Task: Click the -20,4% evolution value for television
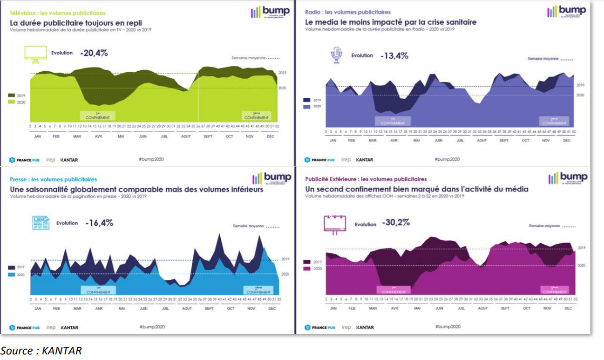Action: tap(94, 53)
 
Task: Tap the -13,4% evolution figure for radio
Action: tap(394, 56)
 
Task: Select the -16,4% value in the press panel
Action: tap(99, 223)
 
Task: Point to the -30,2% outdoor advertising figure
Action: tap(396, 223)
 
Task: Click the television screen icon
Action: tap(35, 53)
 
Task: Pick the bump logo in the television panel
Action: tap(271, 12)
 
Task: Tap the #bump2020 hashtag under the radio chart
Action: tap(447, 159)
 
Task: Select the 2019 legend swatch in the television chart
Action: tap(11, 95)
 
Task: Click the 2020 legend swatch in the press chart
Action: tap(11, 275)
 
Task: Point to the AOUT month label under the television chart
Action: tap(186, 136)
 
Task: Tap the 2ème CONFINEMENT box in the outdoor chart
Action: tap(554, 290)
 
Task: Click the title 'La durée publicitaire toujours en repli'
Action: tap(76, 22)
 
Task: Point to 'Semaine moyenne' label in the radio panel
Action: tap(543, 59)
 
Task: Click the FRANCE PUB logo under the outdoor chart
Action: tap(319, 327)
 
